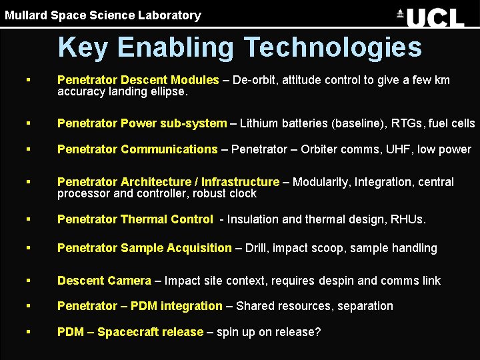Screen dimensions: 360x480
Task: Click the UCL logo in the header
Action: [x=430, y=17]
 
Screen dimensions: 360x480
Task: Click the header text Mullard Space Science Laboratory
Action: [x=103, y=15]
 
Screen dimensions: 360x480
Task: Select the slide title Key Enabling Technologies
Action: [x=239, y=47]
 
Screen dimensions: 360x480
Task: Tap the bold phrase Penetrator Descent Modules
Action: [x=138, y=80]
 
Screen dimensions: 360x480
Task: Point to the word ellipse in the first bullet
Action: [x=167, y=92]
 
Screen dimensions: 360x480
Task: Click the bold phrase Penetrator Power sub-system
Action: [x=142, y=123]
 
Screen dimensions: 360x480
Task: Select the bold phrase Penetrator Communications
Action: [x=137, y=149]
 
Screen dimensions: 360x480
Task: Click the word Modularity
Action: [x=319, y=182]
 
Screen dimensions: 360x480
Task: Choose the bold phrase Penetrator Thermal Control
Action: [x=135, y=219]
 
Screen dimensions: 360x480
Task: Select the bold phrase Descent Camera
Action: [x=104, y=281]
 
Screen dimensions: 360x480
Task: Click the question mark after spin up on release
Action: [x=317, y=331]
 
